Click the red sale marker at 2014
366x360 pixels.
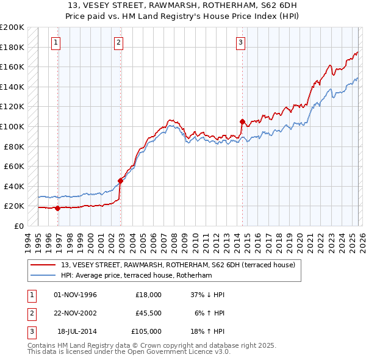[x=242, y=121]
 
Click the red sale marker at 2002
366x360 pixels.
[x=120, y=181]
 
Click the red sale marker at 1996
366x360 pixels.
[x=57, y=208]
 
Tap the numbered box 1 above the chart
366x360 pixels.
[x=56, y=42]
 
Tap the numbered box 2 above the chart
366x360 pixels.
[x=118, y=42]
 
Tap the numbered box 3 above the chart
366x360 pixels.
[x=241, y=42]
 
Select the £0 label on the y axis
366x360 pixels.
[x=19, y=226]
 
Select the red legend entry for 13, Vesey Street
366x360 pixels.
[x=178, y=265]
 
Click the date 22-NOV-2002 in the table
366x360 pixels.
[x=76, y=312]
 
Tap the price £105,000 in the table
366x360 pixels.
[x=147, y=331]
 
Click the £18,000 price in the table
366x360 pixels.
[x=149, y=295]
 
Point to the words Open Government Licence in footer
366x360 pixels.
[x=161, y=352]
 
